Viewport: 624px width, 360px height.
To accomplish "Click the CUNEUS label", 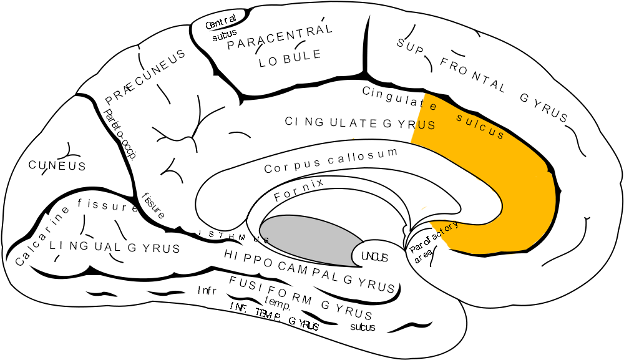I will click(57, 166).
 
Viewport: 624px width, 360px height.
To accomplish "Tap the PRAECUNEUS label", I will click(145, 77).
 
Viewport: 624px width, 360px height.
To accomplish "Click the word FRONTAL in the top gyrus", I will click(473, 74).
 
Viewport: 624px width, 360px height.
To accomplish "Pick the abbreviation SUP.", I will click(411, 46).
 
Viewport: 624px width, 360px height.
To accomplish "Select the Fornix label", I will click(300, 190).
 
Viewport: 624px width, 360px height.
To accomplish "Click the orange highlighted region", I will click(512, 187).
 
